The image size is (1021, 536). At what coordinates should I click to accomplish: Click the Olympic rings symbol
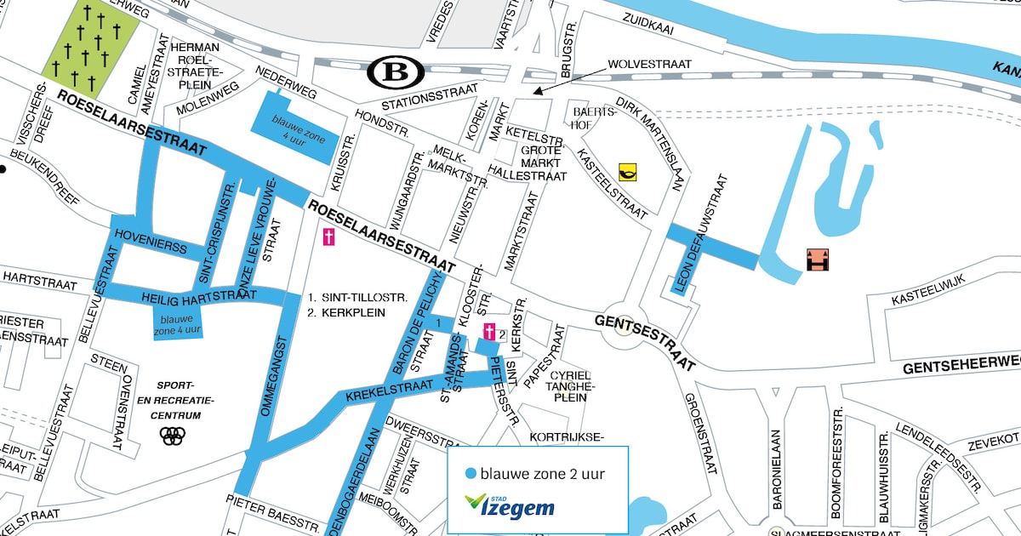pos(172,436)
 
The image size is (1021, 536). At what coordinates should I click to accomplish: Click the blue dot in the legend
pos(471,474)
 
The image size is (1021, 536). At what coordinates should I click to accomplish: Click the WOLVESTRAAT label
pos(649,65)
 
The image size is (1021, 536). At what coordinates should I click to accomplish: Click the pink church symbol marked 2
pos(490,333)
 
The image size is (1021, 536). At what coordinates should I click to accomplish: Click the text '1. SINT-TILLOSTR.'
pos(358,298)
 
